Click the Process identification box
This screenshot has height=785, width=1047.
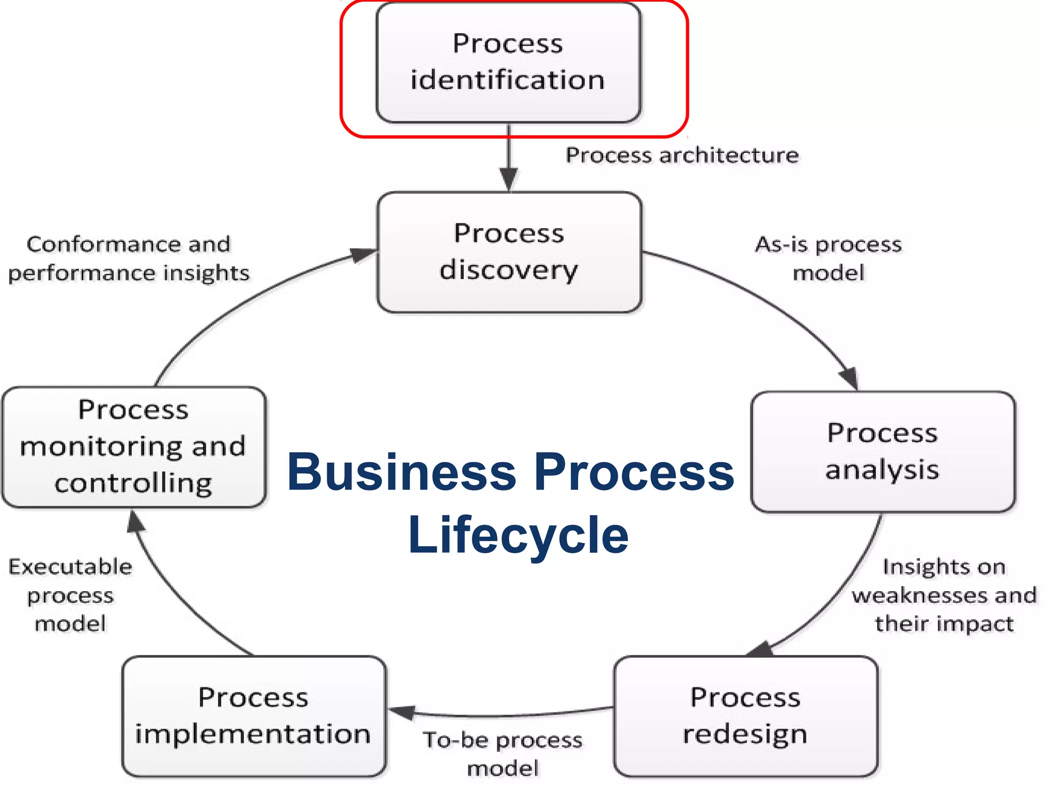[x=508, y=62]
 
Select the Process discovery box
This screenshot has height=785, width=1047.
[x=509, y=252]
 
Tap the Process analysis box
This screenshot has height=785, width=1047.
[x=883, y=452]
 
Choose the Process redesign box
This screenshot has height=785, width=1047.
[x=746, y=716]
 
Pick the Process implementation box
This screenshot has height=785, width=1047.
[x=254, y=716]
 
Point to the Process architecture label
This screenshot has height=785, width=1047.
[x=682, y=155]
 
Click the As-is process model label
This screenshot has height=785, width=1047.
[x=828, y=259]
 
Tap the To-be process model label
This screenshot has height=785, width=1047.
[x=503, y=754]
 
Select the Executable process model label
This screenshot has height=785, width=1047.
[x=71, y=595]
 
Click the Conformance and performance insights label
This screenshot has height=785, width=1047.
[x=129, y=259]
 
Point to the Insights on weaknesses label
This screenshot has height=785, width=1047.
[x=944, y=595]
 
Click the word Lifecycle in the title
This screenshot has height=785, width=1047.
[x=518, y=535]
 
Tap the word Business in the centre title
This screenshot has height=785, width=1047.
[x=402, y=472]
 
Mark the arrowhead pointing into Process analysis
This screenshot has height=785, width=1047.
[x=849, y=378]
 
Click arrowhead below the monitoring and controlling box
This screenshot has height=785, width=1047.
[x=135, y=522]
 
